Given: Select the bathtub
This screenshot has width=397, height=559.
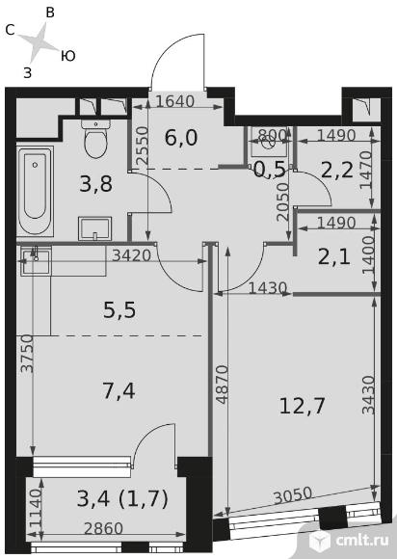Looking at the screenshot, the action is pos(35,191).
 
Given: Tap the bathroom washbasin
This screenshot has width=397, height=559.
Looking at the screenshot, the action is pos(94,228).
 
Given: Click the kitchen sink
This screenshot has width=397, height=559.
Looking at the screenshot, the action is pos(36,260).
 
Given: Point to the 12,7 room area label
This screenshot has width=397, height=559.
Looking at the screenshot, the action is pos(302,406).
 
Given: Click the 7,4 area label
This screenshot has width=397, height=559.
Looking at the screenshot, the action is pos(119,390).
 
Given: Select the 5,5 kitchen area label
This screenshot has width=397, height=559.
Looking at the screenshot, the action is pos(119,309).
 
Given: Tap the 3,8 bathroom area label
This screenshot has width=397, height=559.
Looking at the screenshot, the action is pos(95,184).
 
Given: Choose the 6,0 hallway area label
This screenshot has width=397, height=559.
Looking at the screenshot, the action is pos(181,138).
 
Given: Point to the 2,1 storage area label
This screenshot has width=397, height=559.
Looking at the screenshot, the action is pos(334,257).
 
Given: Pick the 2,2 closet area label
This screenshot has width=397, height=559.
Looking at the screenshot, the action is pos(337,170).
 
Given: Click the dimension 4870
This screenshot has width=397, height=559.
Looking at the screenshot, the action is pos(223,385).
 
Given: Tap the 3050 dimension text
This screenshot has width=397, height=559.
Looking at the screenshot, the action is pos(293,495).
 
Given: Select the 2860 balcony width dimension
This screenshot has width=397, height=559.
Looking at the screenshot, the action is pos(103,528).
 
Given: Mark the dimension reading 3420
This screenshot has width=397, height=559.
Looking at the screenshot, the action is pos(131,255).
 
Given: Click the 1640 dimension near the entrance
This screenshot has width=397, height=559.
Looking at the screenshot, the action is pos(175,101).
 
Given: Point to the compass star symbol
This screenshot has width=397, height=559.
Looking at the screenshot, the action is pos(39,43).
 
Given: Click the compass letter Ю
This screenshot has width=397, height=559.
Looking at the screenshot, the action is pos(67,56).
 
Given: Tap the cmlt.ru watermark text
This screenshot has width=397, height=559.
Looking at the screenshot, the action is pos(362,541).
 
